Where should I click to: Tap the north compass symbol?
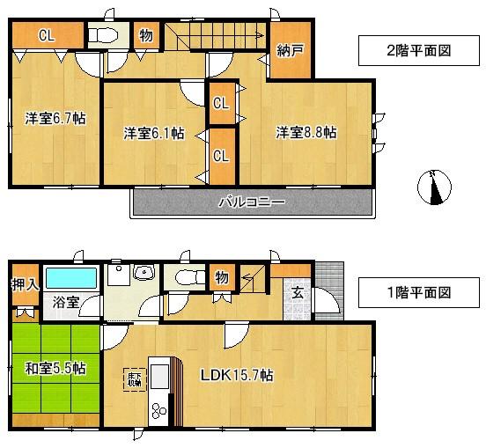click(x=435, y=187)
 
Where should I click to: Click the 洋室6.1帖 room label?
click(x=153, y=133)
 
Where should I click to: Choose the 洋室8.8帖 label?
click(x=306, y=133)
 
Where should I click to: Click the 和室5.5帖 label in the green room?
click(x=55, y=367)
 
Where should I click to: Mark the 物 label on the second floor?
click(x=145, y=36)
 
